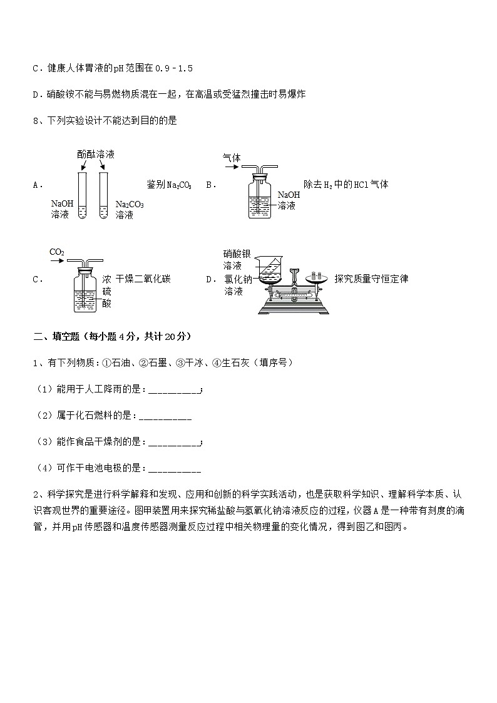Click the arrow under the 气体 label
tap(231, 169)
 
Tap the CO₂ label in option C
tap(57, 252)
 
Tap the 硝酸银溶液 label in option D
tap(237, 260)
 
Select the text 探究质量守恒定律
tap(371, 279)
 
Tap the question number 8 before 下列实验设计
tap(35, 121)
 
